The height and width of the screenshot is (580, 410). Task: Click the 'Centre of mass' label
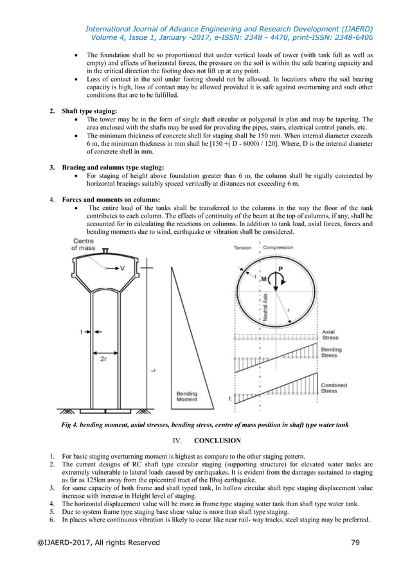(x=83, y=244)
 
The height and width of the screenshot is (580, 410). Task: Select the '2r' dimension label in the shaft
(x=103, y=360)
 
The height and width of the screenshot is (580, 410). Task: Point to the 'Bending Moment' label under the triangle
(x=187, y=396)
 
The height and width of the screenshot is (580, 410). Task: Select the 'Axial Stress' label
(x=330, y=335)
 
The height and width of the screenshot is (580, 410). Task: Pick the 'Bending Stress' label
(x=331, y=353)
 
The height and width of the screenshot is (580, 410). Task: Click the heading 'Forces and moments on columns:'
(x=111, y=200)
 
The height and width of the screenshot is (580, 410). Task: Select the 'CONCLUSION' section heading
(x=217, y=441)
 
